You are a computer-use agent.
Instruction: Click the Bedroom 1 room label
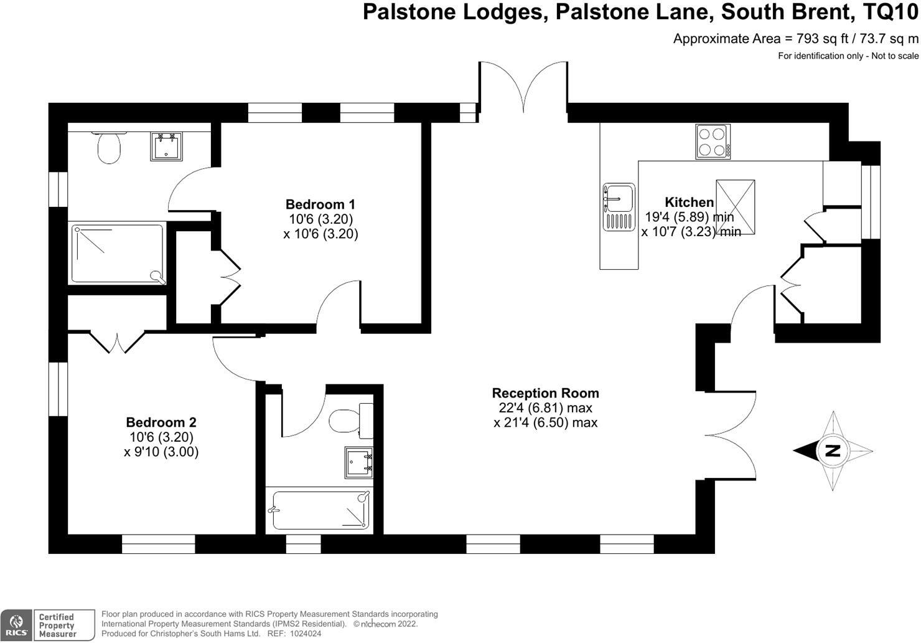[320, 204]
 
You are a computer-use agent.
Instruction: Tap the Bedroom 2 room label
[161, 422]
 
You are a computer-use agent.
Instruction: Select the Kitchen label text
[689, 202]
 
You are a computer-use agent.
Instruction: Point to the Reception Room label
[545, 393]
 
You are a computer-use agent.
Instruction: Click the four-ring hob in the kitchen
[713, 142]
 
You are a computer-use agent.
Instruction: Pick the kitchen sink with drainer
[618, 207]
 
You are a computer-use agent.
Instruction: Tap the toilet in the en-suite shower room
[109, 147]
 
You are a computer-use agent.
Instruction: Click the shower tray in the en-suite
[118, 254]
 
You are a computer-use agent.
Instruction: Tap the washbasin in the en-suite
[166, 146]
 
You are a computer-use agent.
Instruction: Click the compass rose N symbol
[833, 450]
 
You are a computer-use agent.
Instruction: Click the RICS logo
[16, 625]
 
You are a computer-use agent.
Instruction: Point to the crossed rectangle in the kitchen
[736, 207]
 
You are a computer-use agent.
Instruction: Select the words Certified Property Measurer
[57, 626]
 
